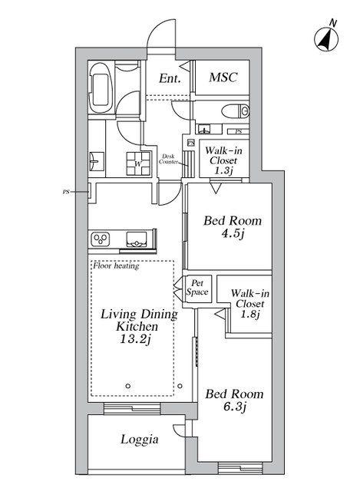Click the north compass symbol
tap(326, 38)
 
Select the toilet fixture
tap(236, 110)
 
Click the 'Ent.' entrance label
tap(170, 78)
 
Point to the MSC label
tap(223, 77)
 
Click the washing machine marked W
tap(138, 163)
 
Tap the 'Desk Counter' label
tap(168, 159)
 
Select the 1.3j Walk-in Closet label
tap(223, 160)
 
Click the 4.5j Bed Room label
tap(233, 227)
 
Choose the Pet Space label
tap(197, 288)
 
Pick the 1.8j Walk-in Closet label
tap(250, 304)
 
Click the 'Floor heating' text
tap(116, 266)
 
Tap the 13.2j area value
tap(136, 339)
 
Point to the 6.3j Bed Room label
tap(234, 400)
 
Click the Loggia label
tap(140, 440)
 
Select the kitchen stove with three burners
tap(101, 239)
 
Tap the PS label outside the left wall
tap(66, 192)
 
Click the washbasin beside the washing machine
tap(96, 161)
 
